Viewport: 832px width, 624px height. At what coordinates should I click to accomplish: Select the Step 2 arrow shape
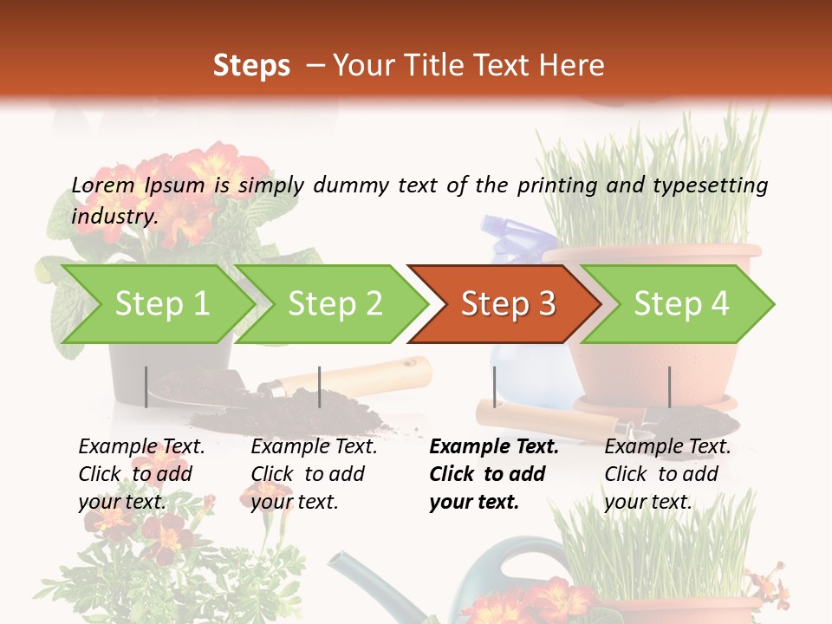pyautogui.click(x=334, y=304)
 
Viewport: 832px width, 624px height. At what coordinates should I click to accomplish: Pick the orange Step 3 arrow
pyautogui.click(x=507, y=304)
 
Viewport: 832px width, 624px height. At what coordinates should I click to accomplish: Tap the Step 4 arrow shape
pyautogui.click(x=680, y=304)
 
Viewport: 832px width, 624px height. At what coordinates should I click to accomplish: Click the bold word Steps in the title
pyautogui.click(x=251, y=66)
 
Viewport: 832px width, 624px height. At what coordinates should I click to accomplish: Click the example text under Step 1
pyautogui.click(x=141, y=474)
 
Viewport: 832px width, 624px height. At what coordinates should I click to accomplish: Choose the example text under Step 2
pyautogui.click(x=314, y=474)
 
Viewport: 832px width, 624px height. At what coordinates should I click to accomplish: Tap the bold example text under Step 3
pyautogui.click(x=494, y=474)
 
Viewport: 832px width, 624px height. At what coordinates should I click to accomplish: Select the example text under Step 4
pyautogui.click(x=667, y=474)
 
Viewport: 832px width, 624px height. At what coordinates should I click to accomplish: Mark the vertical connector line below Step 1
pyautogui.click(x=146, y=387)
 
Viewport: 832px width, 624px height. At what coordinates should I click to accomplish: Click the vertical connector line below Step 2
pyautogui.click(x=320, y=387)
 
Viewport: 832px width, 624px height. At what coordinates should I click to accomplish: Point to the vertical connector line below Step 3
pyautogui.click(x=495, y=387)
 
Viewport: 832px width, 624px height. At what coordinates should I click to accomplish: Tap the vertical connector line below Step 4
pyautogui.click(x=669, y=387)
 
